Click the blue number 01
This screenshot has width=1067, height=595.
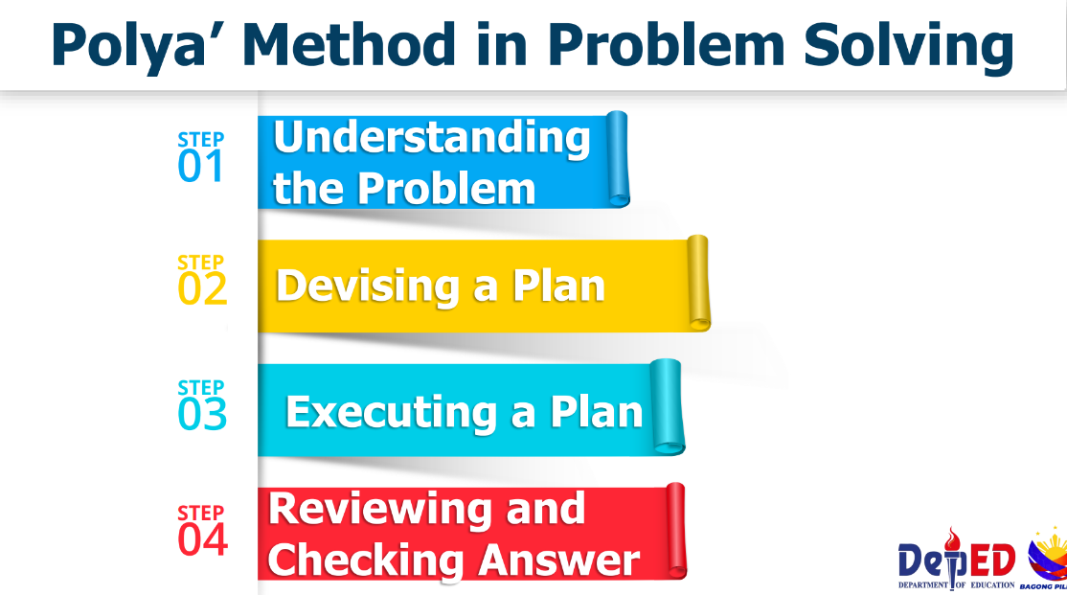200,167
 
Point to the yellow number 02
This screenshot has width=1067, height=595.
202,289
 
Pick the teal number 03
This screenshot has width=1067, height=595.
202,414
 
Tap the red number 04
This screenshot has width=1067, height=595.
202,539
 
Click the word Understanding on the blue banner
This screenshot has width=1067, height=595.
431,139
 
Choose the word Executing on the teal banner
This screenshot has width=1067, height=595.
392,413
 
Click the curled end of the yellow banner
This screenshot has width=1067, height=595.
699,284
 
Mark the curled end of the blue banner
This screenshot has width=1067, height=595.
617,159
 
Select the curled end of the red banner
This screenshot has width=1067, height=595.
675,531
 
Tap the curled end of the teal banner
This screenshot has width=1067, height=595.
667,406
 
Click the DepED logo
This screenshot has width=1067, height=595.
957,560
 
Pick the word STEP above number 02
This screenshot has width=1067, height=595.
201,263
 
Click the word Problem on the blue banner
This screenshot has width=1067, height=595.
446,189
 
